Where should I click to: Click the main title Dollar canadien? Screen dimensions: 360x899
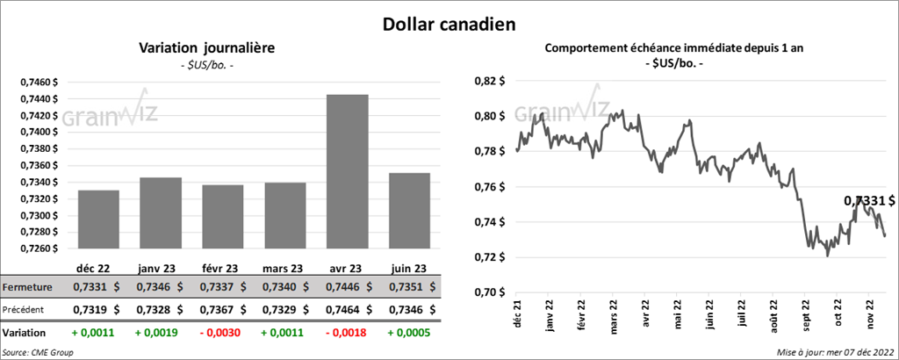pos(449,25)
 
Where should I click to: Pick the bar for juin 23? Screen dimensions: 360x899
pos(410,211)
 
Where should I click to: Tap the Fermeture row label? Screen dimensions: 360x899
pos(29,287)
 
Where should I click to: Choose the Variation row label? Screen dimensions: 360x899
pos(25,334)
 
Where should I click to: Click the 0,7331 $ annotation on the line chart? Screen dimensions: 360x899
pos(869,201)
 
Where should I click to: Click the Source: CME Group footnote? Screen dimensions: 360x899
pos(38,352)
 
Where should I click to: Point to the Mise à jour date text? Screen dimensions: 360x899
pos(836,352)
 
